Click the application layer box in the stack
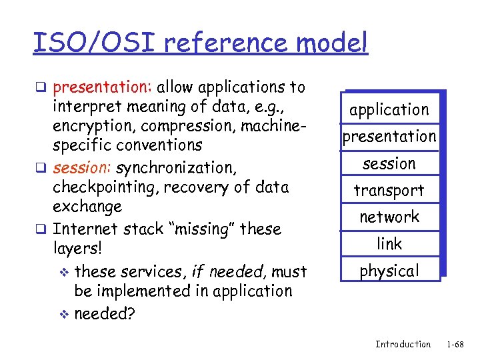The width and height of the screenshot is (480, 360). coord(389,109)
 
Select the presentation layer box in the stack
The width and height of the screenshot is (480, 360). coord(389,137)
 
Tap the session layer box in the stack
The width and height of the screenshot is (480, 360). coord(389,163)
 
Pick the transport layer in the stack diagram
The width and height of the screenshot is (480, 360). coord(389,191)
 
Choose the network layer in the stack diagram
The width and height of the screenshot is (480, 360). coord(389,217)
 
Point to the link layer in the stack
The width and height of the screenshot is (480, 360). coord(389,244)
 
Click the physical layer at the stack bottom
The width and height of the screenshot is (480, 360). coord(389,271)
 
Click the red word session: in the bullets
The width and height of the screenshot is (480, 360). coord(81,167)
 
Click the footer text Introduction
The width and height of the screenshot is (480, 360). coord(403,344)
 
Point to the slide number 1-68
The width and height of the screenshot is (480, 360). coord(455,344)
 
